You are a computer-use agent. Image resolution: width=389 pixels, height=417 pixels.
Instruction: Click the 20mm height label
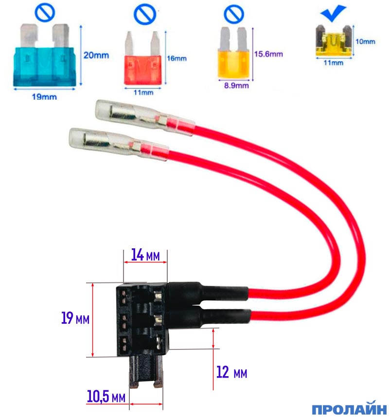tap(96, 55)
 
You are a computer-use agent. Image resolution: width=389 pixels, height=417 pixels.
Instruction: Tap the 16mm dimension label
tap(177, 58)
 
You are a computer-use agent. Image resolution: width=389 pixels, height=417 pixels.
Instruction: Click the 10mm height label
tap(365, 42)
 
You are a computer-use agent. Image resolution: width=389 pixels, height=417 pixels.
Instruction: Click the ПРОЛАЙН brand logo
tap(349, 408)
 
